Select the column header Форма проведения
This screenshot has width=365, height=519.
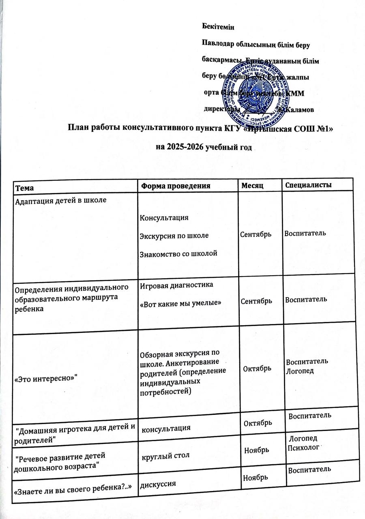click(x=175, y=186)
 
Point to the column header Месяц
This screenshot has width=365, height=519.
click(x=253, y=185)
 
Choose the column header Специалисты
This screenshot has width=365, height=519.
click(x=309, y=185)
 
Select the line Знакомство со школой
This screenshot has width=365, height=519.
click(x=178, y=254)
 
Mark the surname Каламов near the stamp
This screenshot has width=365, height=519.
click(x=298, y=109)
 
